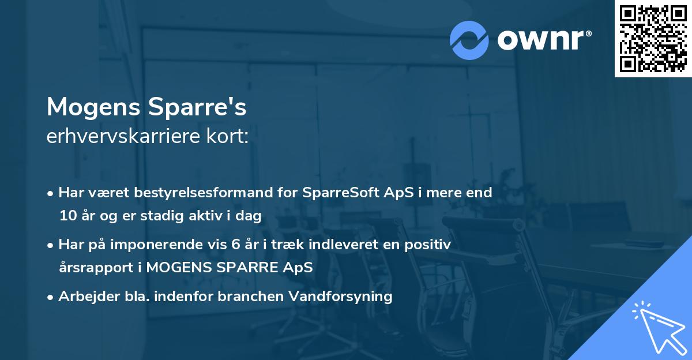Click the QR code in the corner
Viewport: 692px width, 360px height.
point(653,39)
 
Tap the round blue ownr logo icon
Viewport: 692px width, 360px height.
point(469,40)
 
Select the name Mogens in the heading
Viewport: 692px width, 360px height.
point(93,107)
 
